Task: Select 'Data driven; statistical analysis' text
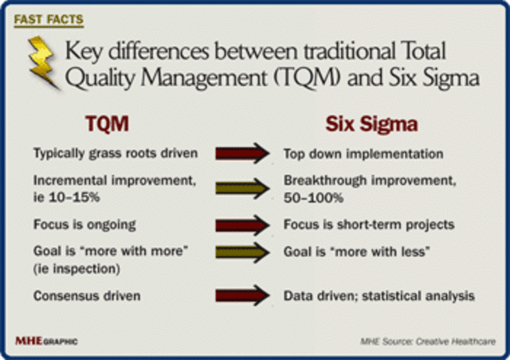(x=379, y=295)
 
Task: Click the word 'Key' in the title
(x=83, y=52)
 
